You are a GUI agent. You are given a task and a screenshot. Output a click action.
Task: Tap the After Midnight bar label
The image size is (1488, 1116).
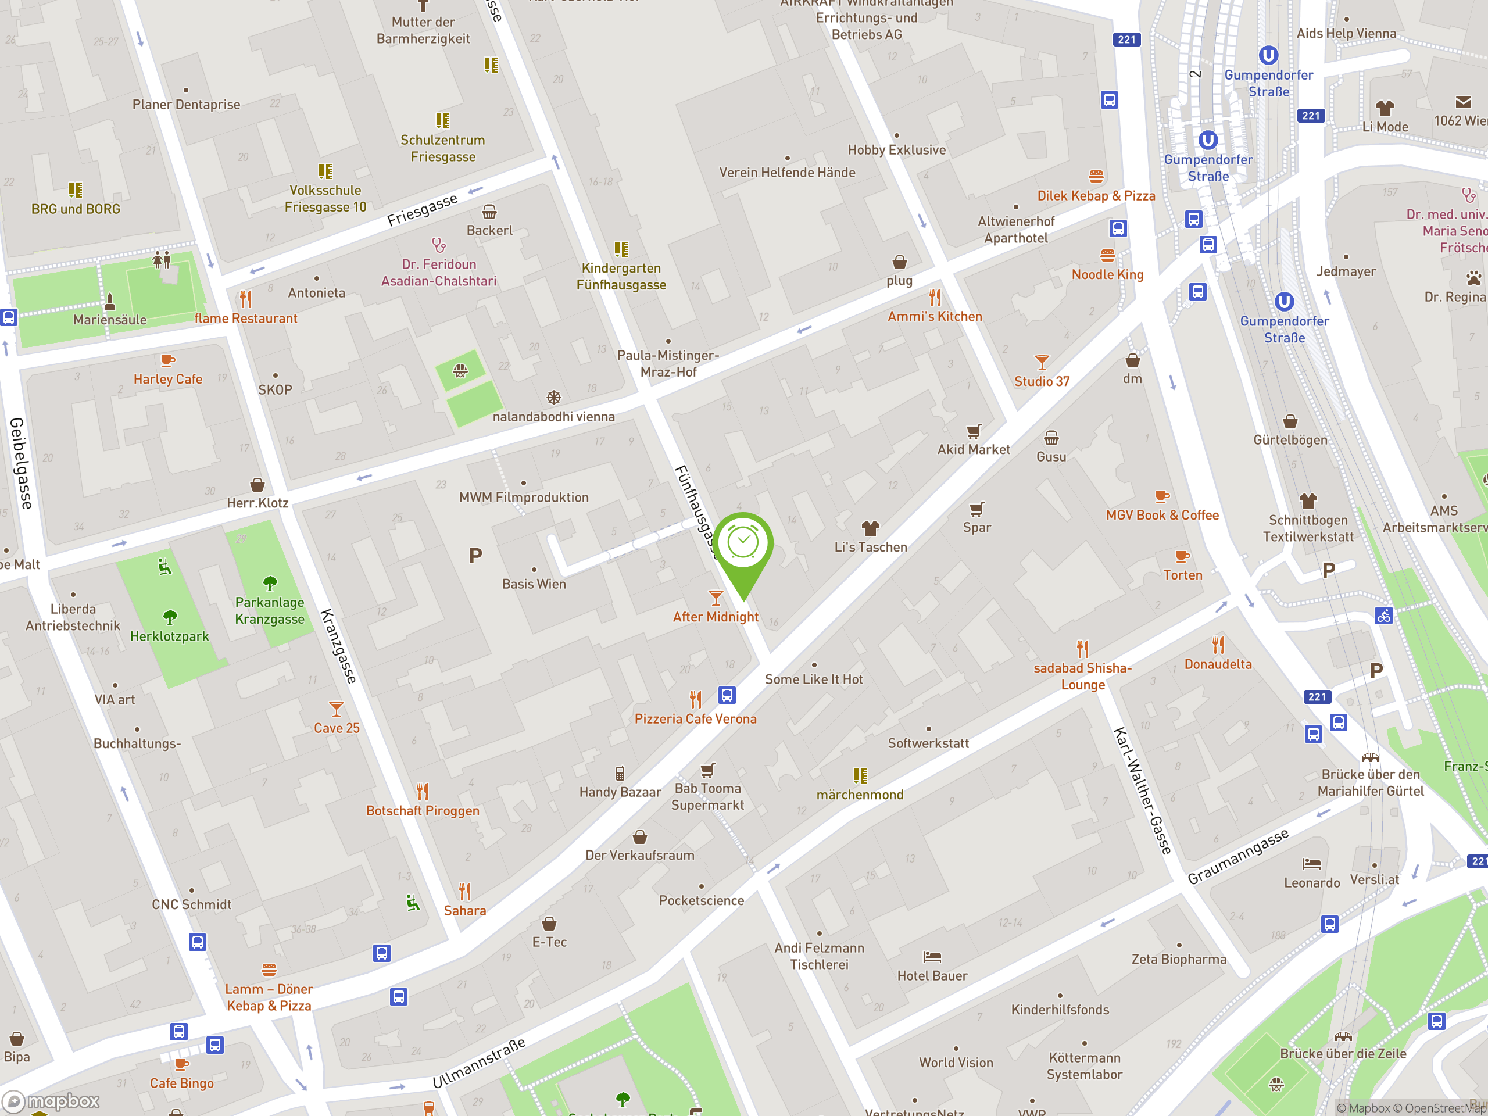click(x=715, y=617)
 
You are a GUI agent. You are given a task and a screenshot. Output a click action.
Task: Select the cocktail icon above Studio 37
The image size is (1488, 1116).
click(x=1042, y=363)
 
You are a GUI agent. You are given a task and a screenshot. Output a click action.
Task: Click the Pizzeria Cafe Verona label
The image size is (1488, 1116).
click(x=695, y=718)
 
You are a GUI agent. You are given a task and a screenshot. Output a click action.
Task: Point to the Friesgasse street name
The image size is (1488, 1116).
click(x=422, y=210)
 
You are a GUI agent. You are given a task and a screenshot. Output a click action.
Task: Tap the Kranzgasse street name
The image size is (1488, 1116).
click(x=338, y=646)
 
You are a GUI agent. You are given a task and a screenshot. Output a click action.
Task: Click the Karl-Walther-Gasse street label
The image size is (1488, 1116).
click(x=1142, y=791)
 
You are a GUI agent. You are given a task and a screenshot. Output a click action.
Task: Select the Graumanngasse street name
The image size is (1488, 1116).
click(x=1237, y=856)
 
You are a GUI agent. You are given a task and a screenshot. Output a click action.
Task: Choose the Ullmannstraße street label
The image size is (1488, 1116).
click(x=478, y=1063)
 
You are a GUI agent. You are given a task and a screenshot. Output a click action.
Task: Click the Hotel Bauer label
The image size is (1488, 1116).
click(x=932, y=975)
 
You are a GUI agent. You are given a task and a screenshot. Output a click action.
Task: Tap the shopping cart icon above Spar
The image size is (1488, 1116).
click(x=976, y=509)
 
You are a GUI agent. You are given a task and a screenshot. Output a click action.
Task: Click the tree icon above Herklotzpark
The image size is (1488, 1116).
click(x=170, y=616)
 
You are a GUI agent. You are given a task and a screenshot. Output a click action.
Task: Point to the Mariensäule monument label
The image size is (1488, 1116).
click(x=110, y=320)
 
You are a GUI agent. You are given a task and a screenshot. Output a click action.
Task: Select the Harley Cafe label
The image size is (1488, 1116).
click(x=167, y=379)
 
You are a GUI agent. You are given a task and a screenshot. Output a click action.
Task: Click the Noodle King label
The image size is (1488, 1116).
click(x=1107, y=274)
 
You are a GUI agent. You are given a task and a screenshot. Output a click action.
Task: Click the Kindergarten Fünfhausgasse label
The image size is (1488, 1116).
click(x=621, y=277)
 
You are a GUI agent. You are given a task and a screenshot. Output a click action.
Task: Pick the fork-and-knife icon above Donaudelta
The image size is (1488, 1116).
click(x=1218, y=645)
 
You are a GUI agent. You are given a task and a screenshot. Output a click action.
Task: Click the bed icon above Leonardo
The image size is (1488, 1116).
click(x=1311, y=863)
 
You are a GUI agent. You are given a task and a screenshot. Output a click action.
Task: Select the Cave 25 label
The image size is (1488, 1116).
click(x=337, y=728)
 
